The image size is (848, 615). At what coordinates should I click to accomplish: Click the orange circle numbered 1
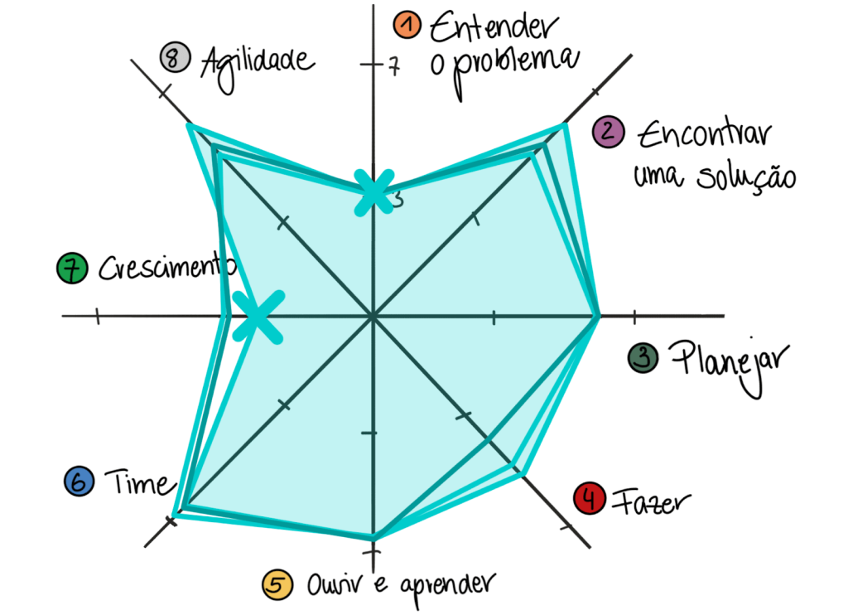point(407,26)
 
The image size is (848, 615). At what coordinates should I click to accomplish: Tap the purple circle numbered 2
point(609,132)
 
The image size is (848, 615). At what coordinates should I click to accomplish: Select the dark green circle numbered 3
point(643,358)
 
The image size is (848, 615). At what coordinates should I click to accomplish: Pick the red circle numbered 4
point(590,498)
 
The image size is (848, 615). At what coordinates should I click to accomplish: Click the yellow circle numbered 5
point(277,584)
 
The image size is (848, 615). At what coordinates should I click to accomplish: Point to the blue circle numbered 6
point(79,482)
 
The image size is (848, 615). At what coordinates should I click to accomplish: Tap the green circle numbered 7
point(72,268)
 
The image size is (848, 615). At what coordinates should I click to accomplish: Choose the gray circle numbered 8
point(176,57)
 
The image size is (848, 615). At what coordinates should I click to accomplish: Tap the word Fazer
point(652,501)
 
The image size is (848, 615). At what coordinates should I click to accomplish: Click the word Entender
point(494,27)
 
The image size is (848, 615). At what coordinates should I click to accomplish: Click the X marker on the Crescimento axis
point(258,317)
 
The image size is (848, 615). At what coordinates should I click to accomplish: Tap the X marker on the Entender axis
point(373,193)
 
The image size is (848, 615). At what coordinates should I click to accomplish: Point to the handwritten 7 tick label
point(393,66)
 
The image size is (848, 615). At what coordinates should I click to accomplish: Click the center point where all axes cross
point(373,316)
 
